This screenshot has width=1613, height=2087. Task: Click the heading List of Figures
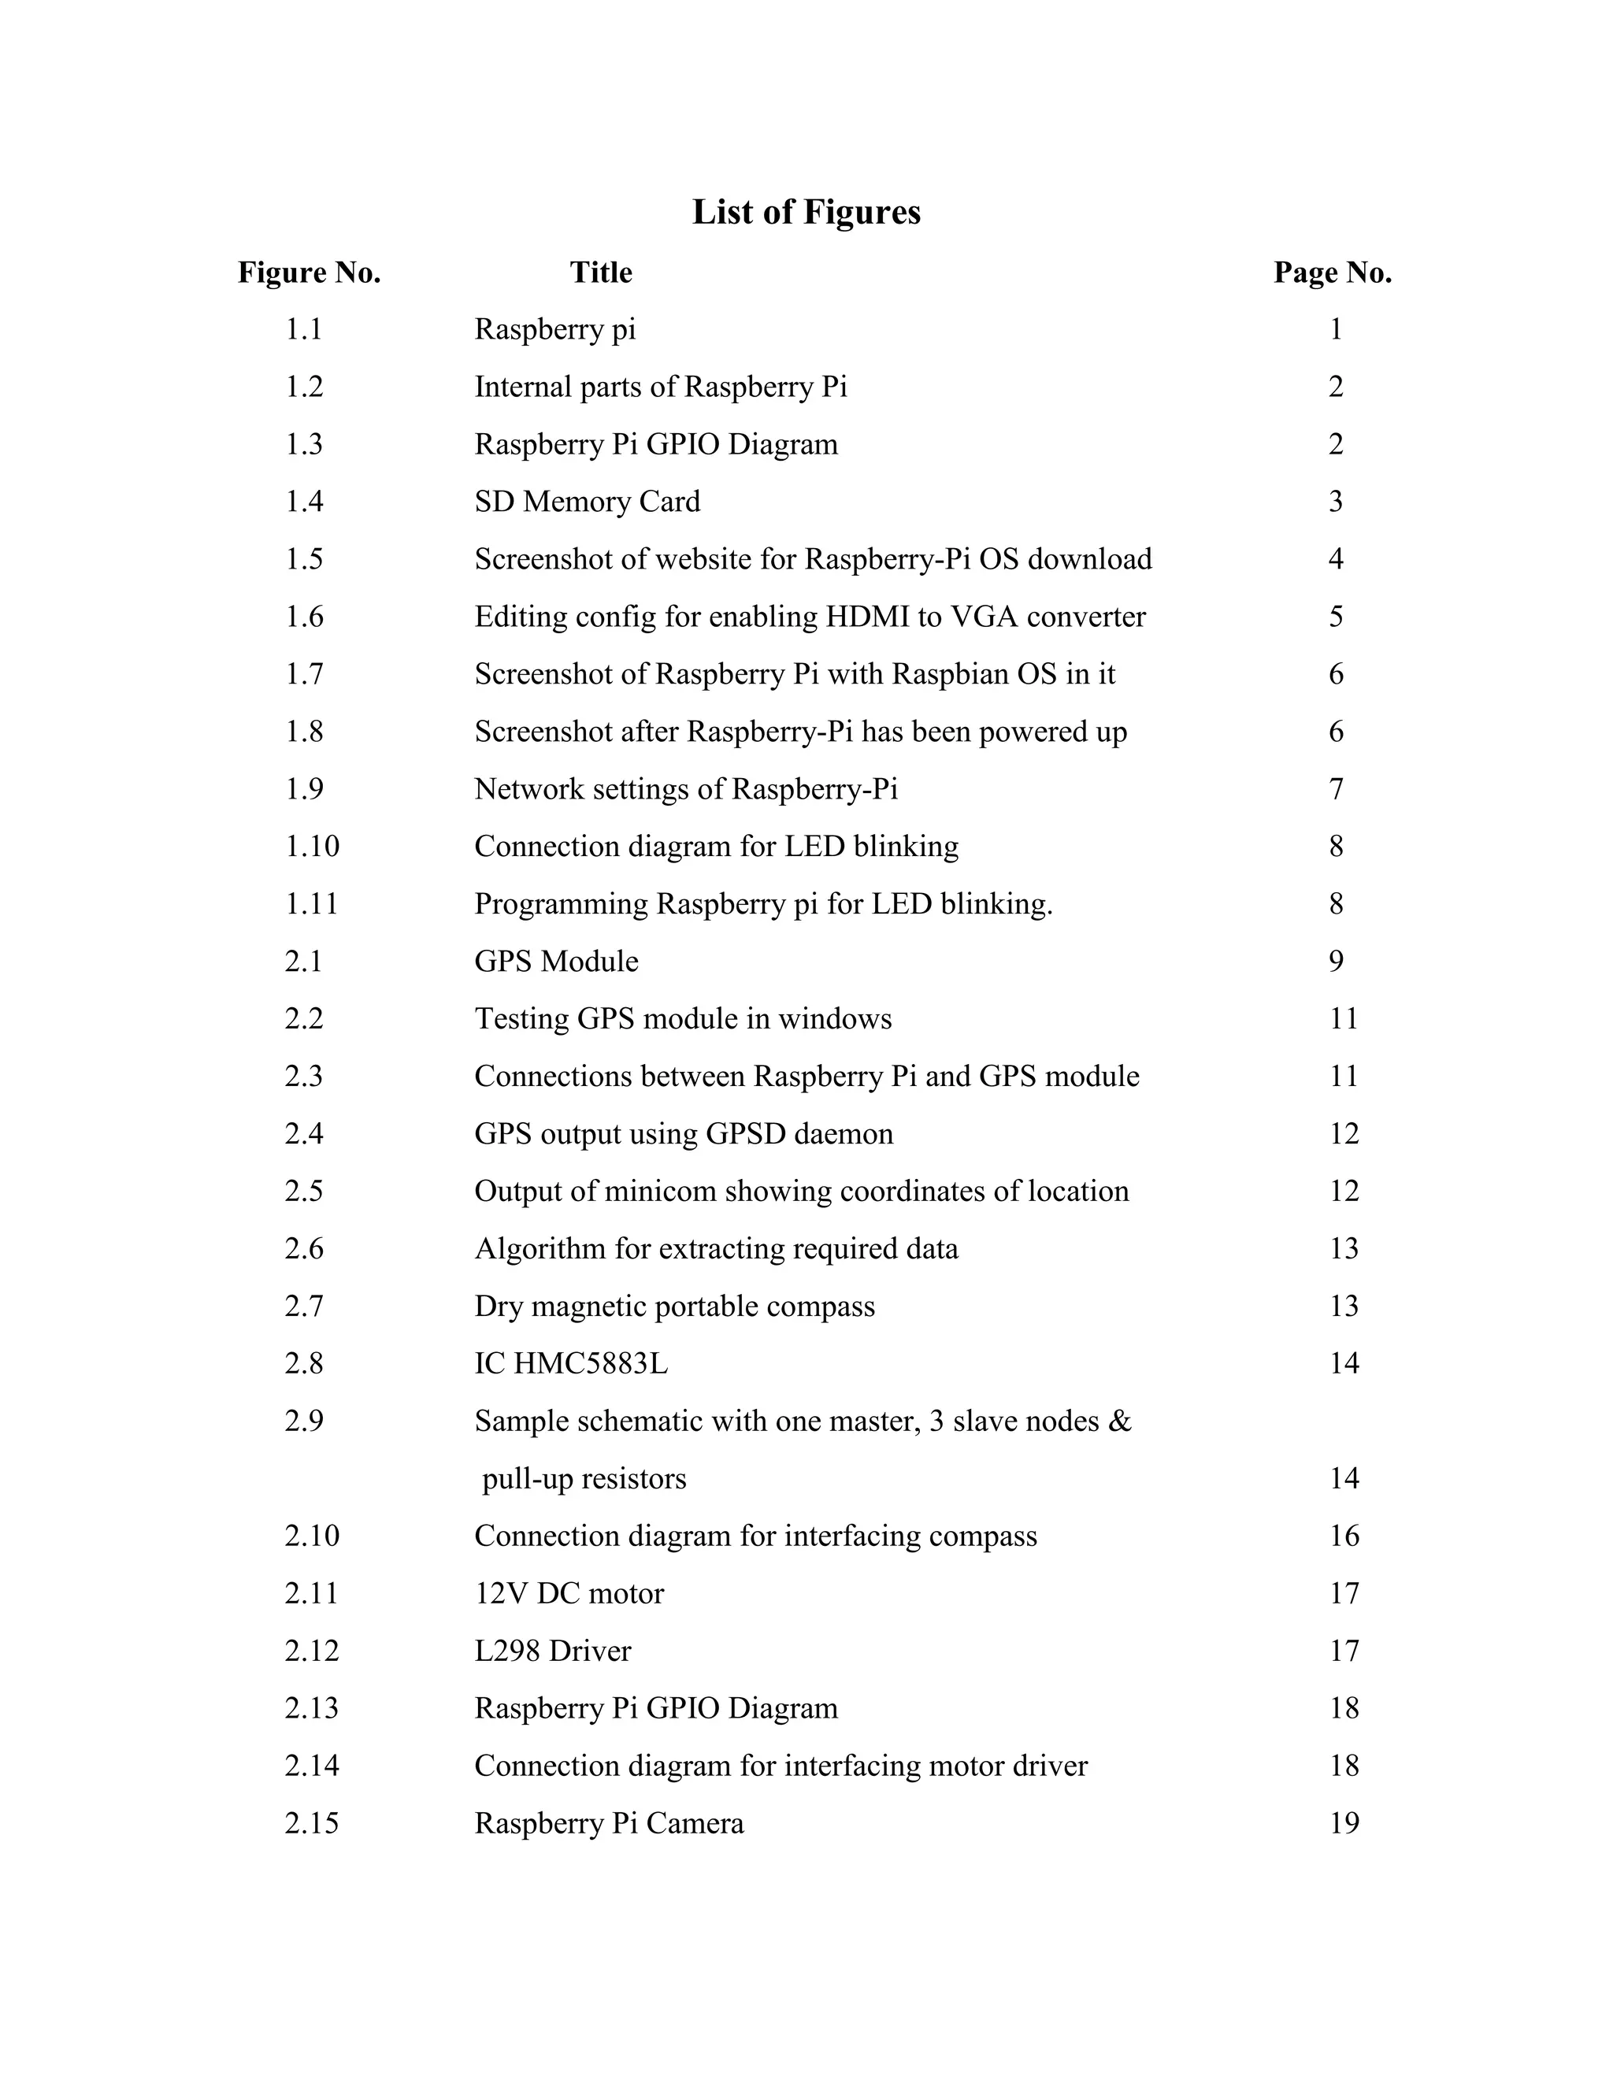pos(806,212)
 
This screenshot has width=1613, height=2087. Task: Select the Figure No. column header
pos(309,273)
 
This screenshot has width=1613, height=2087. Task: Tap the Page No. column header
pos(1332,273)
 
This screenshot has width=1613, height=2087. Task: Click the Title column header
pos(601,273)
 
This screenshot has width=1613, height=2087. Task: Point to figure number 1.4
pos(304,502)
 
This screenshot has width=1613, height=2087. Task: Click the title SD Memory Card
pos(587,502)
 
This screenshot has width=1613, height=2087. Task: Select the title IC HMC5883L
pos(570,1363)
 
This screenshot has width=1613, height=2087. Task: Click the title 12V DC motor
pos(569,1594)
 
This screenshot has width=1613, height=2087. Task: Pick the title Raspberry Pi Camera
pos(609,1823)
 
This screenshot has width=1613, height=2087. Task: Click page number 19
pos(1344,1823)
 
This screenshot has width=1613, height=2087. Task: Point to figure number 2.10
pos(312,1536)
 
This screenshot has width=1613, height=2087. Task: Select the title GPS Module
pos(556,962)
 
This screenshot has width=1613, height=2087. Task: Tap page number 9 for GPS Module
pos(1336,962)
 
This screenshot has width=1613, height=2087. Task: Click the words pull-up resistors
pos(584,1479)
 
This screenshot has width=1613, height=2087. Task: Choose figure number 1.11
pos(312,904)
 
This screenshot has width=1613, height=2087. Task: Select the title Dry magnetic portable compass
pos(673,1307)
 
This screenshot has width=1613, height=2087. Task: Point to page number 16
pos(1344,1536)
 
